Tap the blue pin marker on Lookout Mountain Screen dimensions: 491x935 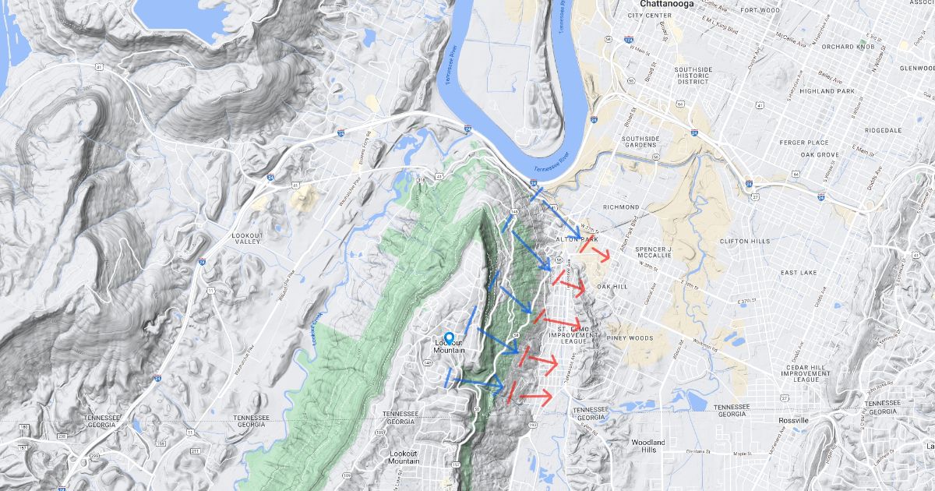(449, 338)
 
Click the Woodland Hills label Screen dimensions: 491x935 (647, 446)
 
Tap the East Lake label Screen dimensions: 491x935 (799, 273)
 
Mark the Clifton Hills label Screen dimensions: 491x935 (746, 242)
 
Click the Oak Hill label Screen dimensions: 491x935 (612, 287)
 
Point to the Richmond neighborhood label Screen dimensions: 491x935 (621, 207)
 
